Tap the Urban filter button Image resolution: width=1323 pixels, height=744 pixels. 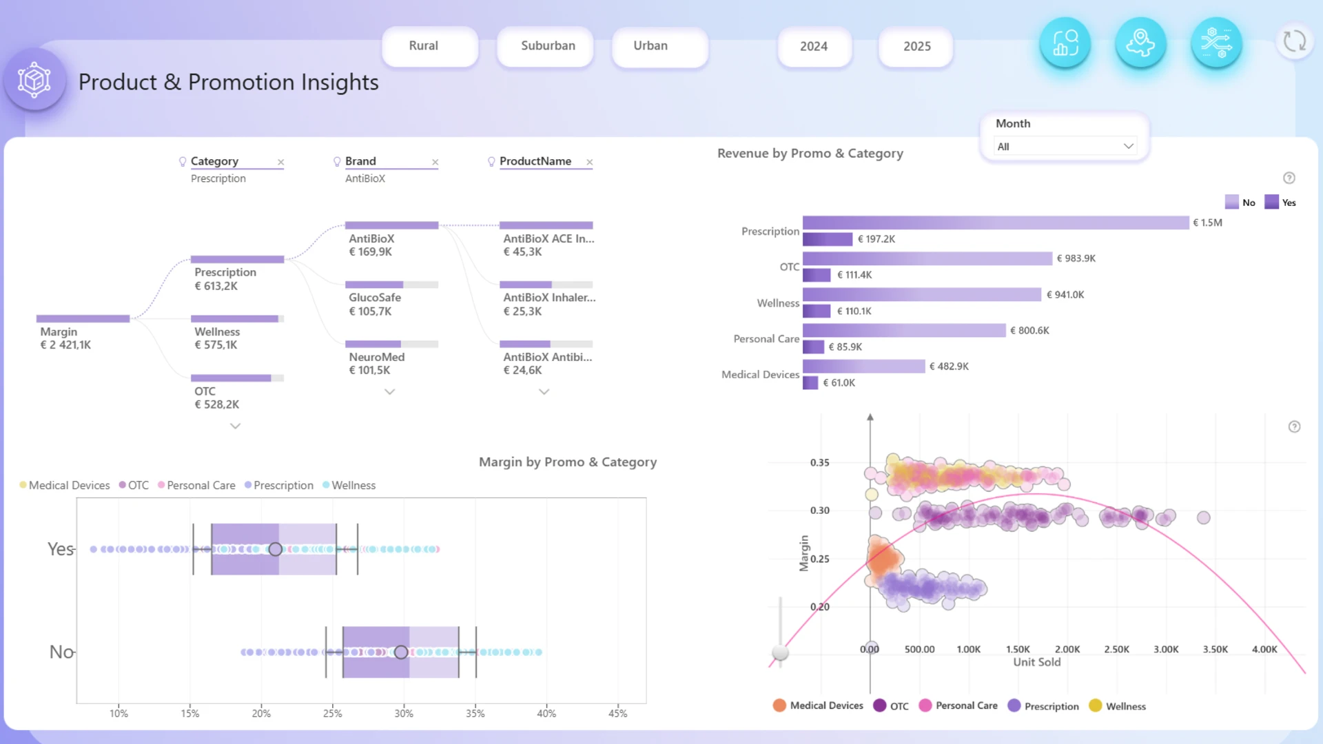(x=659, y=46)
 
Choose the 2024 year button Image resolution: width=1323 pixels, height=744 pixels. (x=814, y=47)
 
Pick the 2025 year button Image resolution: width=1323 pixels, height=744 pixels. (x=916, y=47)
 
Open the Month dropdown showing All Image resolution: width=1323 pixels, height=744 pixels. (x=1065, y=146)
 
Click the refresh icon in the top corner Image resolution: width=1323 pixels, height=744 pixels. (x=1295, y=41)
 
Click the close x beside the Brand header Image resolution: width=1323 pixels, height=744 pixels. (x=435, y=162)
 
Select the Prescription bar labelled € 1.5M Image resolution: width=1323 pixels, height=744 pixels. (x=996, y=223)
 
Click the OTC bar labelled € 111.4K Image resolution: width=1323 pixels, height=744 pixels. (x=817, y=275)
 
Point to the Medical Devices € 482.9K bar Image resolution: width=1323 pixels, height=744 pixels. (x=863, y=366)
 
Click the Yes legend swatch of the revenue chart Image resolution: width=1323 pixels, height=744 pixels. (x=1271, y=202)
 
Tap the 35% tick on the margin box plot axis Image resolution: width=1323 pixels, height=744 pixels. (x=475, y=714)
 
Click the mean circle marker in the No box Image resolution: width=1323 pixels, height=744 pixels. (x=400, y=652)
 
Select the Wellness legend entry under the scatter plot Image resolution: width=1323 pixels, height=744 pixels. (x=1117, y=705)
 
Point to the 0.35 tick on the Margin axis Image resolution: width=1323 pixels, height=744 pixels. (x=819, y=462)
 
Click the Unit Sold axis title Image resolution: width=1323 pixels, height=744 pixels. (x=1036, y=662)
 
